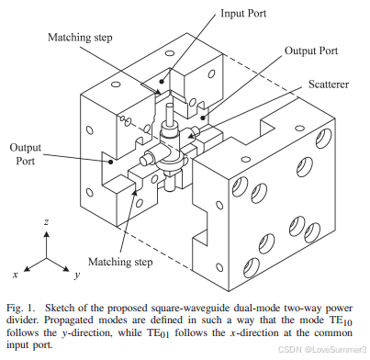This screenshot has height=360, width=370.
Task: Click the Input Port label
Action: coord(243,14)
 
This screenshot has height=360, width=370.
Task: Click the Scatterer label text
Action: coord(329,84)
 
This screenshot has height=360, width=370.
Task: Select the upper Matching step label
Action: coord(80,38)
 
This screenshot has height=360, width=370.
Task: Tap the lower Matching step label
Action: coord(120,262)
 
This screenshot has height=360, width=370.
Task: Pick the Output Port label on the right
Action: coord(311,51)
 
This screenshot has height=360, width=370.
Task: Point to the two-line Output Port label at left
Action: coord(26,154)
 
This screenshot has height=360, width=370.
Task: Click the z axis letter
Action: coord(46,221)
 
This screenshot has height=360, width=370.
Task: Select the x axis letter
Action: coord(16,274)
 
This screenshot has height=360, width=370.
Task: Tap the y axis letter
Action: coord(77,275)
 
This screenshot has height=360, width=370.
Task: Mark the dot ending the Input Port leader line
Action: coord(162,81)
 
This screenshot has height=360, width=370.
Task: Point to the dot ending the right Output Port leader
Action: coord(202,118)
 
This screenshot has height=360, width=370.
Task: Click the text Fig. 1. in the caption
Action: coord(21,308)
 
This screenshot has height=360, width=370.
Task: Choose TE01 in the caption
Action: coord(157,333)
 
